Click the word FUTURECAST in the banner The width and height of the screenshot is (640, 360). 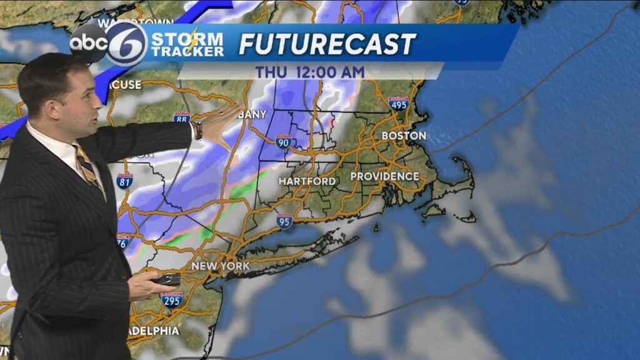pos(327,44)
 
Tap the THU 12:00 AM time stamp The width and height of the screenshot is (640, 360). pos(309,72)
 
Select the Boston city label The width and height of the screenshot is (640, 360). pos(404,136)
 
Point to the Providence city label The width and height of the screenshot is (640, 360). pos(384,177)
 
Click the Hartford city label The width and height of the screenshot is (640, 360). pos(307,181)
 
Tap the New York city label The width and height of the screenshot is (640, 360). pos(221,266)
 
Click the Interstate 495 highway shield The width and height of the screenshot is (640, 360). pos(398,104)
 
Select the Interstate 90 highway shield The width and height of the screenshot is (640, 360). pos(283,141)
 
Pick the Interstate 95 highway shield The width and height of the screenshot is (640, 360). pos(285,220)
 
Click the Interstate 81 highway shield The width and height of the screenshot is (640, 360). pos(124,181)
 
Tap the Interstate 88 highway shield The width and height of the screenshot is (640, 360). pos(182,118)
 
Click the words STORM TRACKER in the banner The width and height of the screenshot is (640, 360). pos(187,44)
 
